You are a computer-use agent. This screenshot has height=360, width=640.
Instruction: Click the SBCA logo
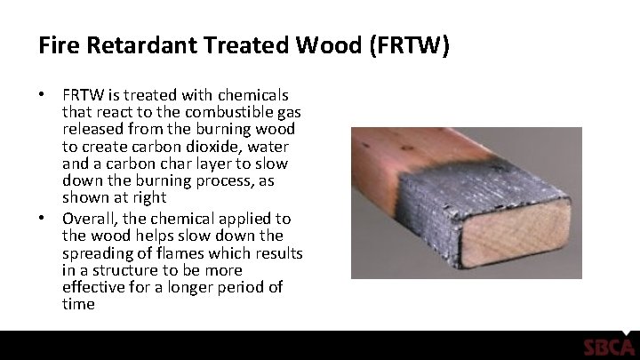coord(608,347)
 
